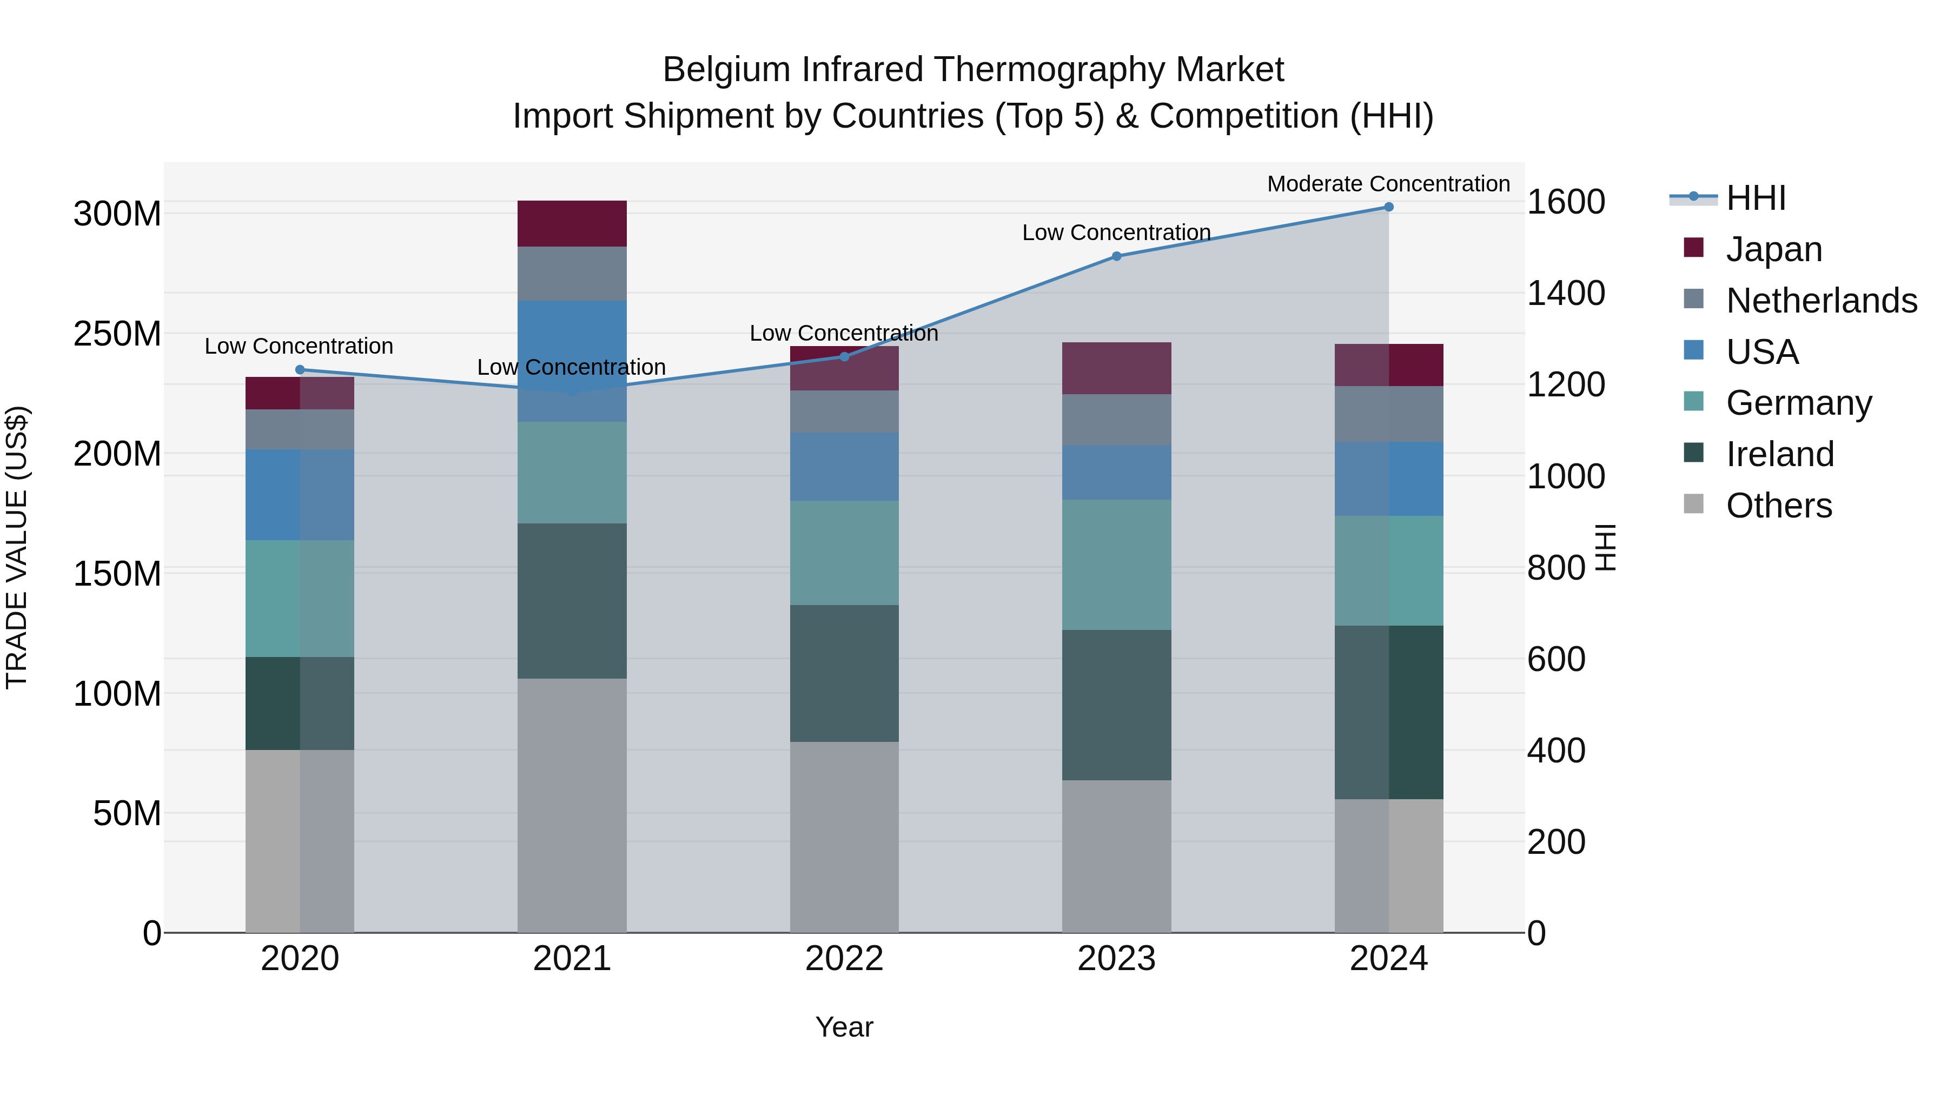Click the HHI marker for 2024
click(1388, 207)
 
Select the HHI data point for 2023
click(1116, 256)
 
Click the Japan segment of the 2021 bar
click(572, 224)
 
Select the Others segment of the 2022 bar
click(844, 837)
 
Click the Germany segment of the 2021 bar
click(572, 472)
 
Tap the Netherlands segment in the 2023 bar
click(1116, 420)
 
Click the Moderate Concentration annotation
click(1388, 184)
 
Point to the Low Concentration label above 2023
click(1116, 233)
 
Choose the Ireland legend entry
click(1779, 454)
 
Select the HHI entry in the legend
click(1756, 198)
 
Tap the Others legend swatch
click(1694, 504)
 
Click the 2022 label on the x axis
click(844, 959)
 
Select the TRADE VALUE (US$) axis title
click(17, 547)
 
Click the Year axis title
click(844, 1027)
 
